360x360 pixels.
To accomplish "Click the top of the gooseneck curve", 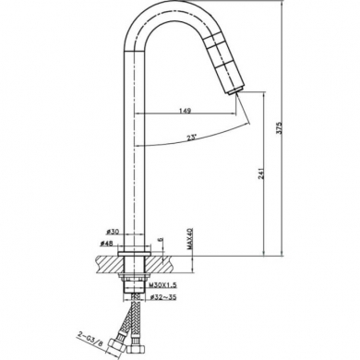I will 172,12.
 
